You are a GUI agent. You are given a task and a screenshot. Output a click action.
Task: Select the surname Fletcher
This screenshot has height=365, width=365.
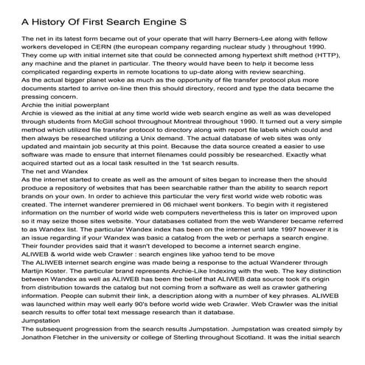coord(74,361)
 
